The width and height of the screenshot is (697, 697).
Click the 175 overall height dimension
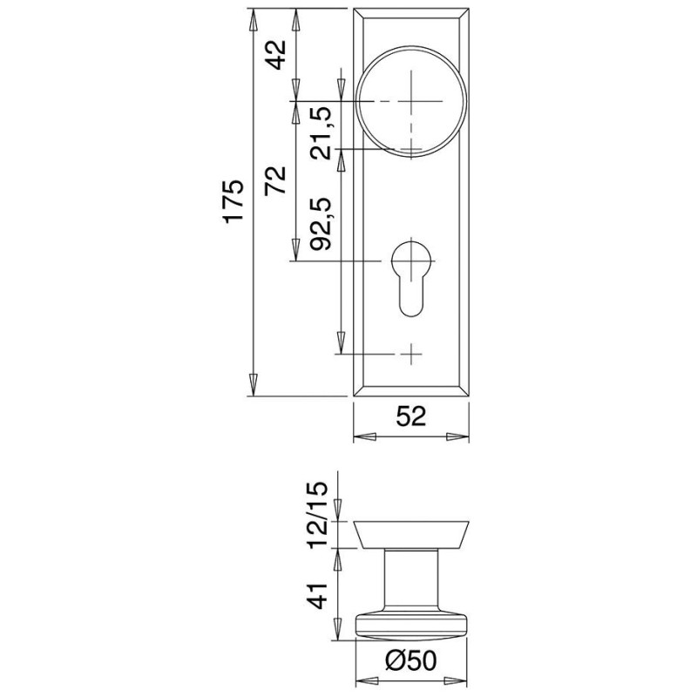pos(234,201)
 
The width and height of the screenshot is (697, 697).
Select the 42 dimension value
pos(277,55)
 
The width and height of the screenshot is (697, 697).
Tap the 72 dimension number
pos(275,181)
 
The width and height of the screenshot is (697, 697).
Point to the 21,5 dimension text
pos(321,133)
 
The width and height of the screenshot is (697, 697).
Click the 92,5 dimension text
pos(321,224)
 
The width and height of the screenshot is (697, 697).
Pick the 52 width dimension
pos(411,416)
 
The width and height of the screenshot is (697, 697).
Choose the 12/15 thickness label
pos(318,515)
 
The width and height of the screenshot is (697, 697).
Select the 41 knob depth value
pos(318,596)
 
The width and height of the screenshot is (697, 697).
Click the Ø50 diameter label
pos(410,660)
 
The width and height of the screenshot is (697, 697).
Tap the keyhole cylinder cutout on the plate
pos(411,278)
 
